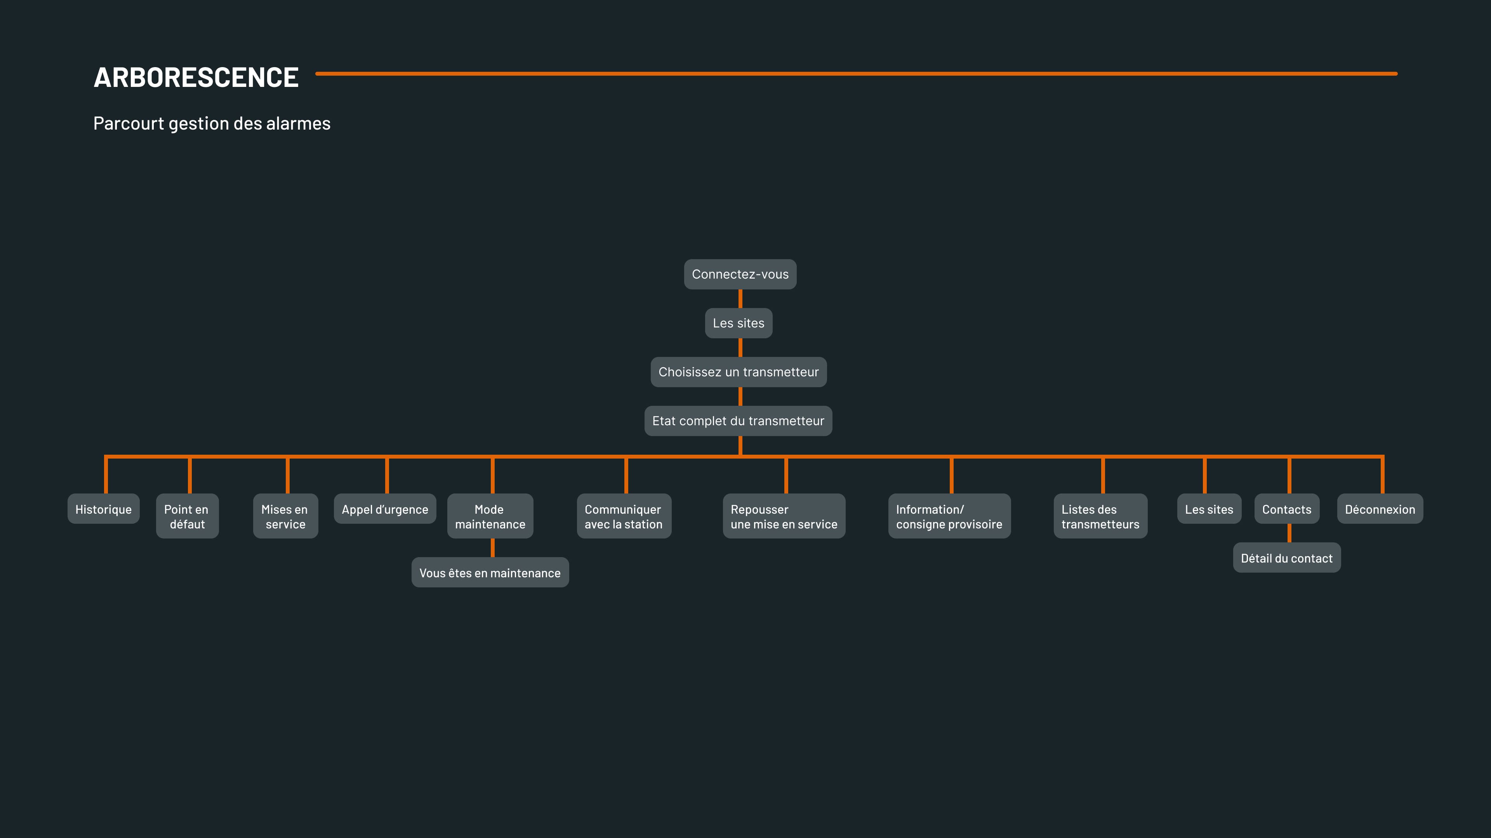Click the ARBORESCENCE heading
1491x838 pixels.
coord(196,78)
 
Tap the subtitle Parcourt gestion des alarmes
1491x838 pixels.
coord(212,123)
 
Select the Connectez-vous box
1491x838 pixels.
coord(740,274)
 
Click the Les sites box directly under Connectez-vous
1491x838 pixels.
coord(739,323)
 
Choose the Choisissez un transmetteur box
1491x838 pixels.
coord(739,372)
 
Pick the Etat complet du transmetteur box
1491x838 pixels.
coord(738,421)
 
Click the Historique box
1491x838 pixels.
coord(104,509)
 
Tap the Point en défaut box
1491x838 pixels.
coord(187,516)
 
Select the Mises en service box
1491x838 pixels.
coord(285,516)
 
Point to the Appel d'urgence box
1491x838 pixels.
coord(385,509)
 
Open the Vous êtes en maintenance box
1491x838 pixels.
coord(490,573)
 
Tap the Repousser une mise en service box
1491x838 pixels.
coord(784,516)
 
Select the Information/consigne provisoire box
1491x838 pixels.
coord(949,516)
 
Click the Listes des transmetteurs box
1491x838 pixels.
coord(1100,516)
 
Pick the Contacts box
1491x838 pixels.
coord(1287,509)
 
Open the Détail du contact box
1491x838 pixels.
coord(1287,558)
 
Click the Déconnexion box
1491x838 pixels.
coord(1380,509)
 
